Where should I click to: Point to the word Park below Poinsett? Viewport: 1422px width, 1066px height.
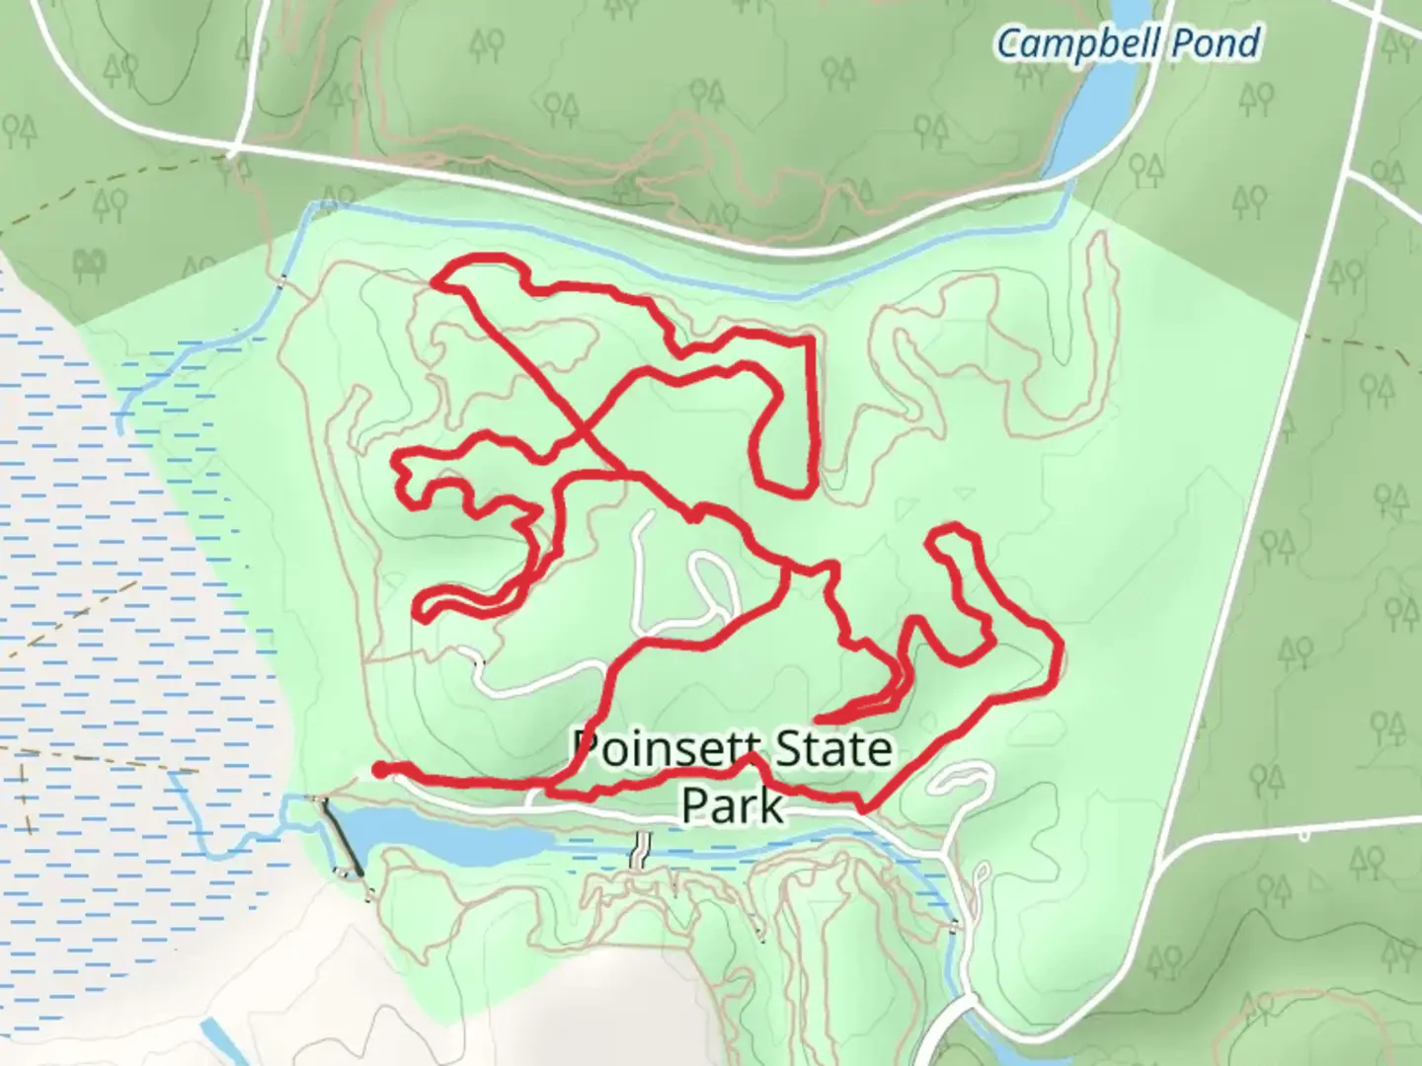point(732,806)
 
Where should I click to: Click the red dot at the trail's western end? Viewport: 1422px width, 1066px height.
point(378,769)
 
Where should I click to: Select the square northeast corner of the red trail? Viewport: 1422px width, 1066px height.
point(810,340)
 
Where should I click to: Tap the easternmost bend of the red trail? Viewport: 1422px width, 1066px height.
point(1060,647)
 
